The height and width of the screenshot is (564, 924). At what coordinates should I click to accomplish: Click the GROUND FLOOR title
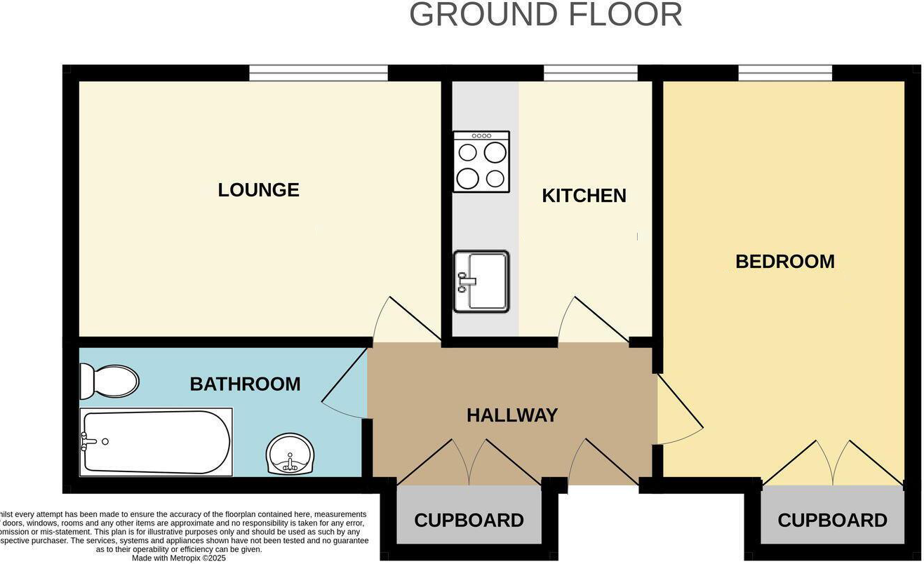click(545, 15)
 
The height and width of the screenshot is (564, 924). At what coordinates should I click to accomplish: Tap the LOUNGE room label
click(258, 190)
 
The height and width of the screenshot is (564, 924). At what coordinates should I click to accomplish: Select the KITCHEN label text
click(584, 196)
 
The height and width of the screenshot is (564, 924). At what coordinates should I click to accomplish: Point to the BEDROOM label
click(784, 262)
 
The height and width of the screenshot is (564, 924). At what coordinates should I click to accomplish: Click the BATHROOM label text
click(245, 384)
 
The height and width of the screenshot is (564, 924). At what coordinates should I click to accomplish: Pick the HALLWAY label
click(512, 415)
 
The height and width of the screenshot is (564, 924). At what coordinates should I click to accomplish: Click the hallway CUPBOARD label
click(469, 521)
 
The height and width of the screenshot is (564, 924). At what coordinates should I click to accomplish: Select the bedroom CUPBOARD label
click(832, 521)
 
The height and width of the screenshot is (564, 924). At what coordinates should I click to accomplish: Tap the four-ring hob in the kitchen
click(481, 162)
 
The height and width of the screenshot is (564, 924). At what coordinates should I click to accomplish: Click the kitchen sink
click(481, 281)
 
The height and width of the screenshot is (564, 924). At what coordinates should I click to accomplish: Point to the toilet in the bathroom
click(109, 382)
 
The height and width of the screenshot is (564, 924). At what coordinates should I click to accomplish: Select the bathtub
click(156, 442)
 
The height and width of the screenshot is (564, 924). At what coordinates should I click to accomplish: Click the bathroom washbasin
click(290, 453)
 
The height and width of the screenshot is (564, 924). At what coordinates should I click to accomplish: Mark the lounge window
click(319, 73)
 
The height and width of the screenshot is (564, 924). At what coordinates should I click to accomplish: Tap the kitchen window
click(590, 73)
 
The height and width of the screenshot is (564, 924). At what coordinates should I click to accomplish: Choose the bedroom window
click(784, 73)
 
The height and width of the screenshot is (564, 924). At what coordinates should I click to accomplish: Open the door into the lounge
click(406, 321)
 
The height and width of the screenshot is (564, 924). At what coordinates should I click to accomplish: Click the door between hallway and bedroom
click(678, 410)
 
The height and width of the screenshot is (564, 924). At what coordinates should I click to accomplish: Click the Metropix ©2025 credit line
click(179, 558)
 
